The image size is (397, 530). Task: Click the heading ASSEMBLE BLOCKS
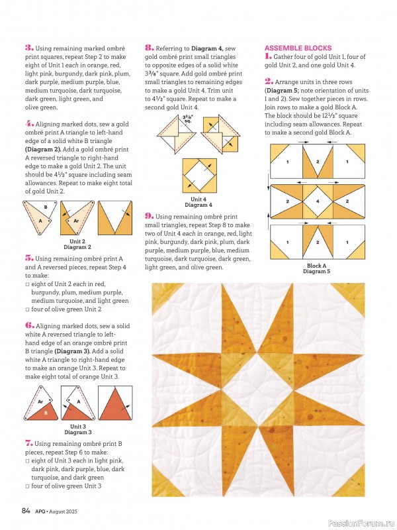tap(298, 48)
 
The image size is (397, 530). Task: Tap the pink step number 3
tap(28, 48)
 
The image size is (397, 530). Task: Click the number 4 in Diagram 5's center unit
tap(317, 201)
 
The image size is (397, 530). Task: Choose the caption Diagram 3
tap(77, 432)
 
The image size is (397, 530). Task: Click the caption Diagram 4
tap(198, 205)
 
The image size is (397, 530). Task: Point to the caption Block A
tap(317, 266)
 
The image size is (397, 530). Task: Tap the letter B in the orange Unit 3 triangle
tap(46, 413)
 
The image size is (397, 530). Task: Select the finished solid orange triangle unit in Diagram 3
tap(114, 403)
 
